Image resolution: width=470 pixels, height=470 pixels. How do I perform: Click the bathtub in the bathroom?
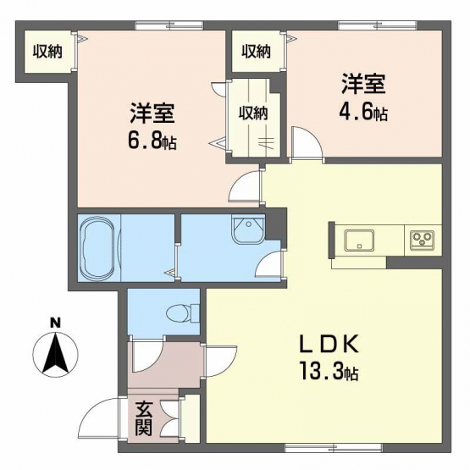(x=100, y=247)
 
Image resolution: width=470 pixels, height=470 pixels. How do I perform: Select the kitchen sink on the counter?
(x=359, y=241)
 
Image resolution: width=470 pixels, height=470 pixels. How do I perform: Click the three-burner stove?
(x=422, y=241)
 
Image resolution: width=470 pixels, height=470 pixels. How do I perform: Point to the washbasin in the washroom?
(x=248, y=229)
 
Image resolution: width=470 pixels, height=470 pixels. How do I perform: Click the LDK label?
(x=329, y=344)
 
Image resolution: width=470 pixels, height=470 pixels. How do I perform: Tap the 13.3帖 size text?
(x=329, y=371)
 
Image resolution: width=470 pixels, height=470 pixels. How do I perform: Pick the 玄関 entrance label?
(x=143, y=418)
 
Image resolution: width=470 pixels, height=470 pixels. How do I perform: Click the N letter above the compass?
(x=55, y=323)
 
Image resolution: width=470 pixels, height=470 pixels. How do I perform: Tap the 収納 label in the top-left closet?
(x=47, y=52)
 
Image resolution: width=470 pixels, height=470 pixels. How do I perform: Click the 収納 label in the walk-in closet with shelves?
(x=253, y=113)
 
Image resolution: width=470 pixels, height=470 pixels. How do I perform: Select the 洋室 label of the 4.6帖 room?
(x=363, y=84)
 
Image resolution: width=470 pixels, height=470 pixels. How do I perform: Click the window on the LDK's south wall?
(x=335, y=449)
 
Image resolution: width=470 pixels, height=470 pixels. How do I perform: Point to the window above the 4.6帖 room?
(x=378, y=25)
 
